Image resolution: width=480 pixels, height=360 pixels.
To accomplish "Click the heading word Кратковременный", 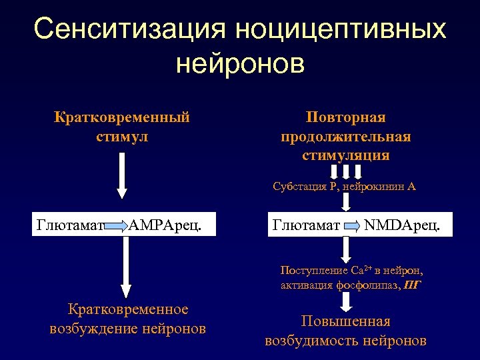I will [x=122, y=117].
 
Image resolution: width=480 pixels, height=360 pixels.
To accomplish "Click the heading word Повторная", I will [x=345, y=117].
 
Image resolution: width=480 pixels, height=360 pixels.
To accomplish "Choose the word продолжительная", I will [x=345, y=137].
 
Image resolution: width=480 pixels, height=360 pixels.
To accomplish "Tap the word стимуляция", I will [x=345, y=155].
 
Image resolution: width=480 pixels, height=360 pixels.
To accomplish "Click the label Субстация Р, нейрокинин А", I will [x=344, y=187].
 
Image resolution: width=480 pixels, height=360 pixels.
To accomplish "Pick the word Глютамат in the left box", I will [x=71, y=225].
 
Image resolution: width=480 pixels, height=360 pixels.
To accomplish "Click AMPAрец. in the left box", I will [x=163, y=225].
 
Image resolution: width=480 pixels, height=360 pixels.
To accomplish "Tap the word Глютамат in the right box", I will [x=307, y=225].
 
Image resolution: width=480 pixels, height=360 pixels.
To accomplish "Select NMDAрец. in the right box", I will [x=403, y=225].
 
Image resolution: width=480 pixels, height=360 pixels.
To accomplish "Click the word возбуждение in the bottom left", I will [x=96, y=329].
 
